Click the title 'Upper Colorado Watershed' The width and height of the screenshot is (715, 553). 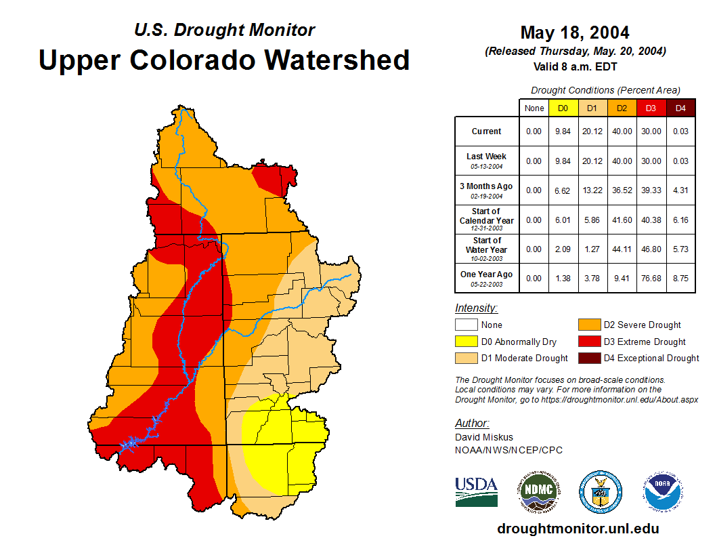click(224, 60)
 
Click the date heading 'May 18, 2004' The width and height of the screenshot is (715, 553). click(575, 33)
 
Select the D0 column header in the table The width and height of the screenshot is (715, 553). click(563, 108)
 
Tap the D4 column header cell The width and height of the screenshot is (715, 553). click(680, 108)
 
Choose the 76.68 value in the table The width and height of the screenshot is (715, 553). click(651, 279)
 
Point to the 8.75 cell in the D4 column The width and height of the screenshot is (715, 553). click(680, 279)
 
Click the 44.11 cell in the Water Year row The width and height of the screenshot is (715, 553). click(622, 249)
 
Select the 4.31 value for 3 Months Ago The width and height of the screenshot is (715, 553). click(680, 190)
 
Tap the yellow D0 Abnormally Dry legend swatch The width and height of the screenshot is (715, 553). click(466, 342)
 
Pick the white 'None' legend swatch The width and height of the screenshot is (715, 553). click(466, 325)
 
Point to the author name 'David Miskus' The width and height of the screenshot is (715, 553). click(484, 437)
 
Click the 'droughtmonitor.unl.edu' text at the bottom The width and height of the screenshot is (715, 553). click(578, 529)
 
